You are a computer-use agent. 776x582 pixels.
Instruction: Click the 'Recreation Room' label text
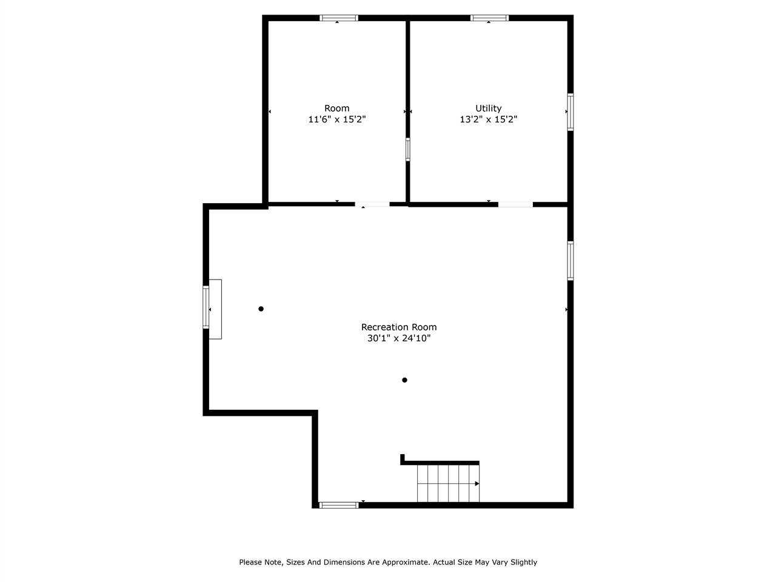pyautogui.click(x=398, y=327)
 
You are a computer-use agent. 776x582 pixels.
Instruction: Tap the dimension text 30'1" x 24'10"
pyautogui.click(x=398, y=338)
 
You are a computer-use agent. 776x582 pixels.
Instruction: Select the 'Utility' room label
pyautogui.click(x=488, y=109)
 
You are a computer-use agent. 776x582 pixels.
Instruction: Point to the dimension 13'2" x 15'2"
pyautogui.click(x=488, y=119)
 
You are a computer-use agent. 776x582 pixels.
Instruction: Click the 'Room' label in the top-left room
pyautogui.click(x=336, y=109)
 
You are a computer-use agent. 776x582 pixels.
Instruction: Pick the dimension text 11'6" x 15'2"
pyautogui.click(x=336, y=119)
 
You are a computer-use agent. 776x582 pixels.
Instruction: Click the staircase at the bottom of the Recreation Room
pyautogui.click(x=448, y=483)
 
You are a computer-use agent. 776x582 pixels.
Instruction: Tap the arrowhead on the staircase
pyautogui.click(x=477, y=484)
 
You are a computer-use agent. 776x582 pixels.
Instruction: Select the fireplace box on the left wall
pyautogui.click(x=215, y=309)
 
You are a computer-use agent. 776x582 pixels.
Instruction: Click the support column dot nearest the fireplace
pyautogui.click(x=261, y=309)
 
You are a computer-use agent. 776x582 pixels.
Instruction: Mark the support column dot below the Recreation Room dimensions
pyautogui.click(x=404, y=380)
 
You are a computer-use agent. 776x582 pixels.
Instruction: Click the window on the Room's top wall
pyautogui.click(x=339, y=18)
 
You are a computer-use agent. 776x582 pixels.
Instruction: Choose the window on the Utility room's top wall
pyautogui.click(x=489, y=18)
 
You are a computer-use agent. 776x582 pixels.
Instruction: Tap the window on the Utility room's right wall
pyautogui.click(x=570, y=112)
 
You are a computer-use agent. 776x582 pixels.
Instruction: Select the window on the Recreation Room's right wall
pyautogui.click(x=570, y=261)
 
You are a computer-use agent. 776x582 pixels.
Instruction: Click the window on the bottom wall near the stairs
pyautogui.click(x=339, y=505)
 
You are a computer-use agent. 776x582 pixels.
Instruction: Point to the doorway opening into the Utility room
pyautogui.click(x=515, y=204)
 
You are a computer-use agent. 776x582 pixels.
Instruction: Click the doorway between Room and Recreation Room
pyautogui.click(x=372, y=204)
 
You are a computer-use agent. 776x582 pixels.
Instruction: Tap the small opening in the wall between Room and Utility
pyautogui.click(x=408, y=149)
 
